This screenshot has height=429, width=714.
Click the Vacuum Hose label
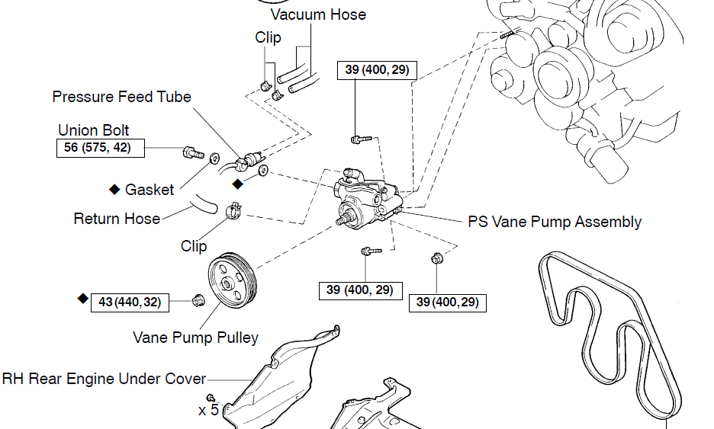point(318,14)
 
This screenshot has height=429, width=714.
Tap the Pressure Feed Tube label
point(121,97)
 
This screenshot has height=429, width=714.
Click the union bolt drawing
point(193,153)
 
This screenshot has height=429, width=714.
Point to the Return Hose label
point(117,219)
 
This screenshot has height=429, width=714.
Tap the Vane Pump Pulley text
point(196,338)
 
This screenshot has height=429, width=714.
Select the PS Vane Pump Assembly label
point(555,222)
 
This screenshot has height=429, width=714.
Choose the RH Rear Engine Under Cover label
point(105,379)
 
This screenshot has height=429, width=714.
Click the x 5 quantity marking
point(208,411)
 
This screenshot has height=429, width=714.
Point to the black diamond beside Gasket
point(114,189)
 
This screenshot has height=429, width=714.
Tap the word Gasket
point(150,190)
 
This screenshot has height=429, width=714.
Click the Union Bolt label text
point(93,130)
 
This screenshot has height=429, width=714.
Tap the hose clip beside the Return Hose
point(233,210)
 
